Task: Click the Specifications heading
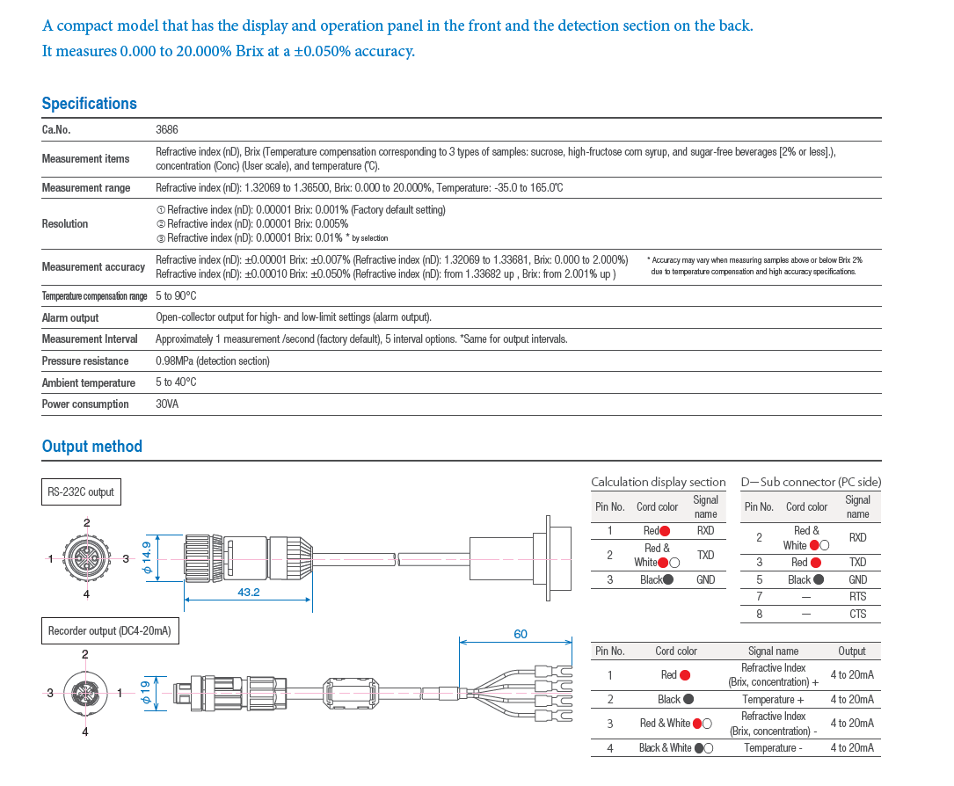pyautogui.click(x=90, y=104)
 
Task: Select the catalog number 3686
pyautogui.click(x=167, y=129)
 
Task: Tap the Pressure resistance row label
pyautogui.click(x=85, y=360)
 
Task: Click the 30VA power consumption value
pyautogui.click(x=167, y=404)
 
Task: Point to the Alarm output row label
pyautogui.click(x=70, y=317)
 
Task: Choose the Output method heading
pyautogui.click(x=91, y=447)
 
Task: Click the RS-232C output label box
pyautogui.click(x=81, y=492)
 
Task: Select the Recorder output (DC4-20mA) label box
pyautogui.click(x=110, y=631)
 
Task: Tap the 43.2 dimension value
pyautogui.click(x=249, y=592)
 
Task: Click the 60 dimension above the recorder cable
pyautogui.click(x=521, y=634)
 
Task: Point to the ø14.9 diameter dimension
pyautogui.click(x=146, y=558)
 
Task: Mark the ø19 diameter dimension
pyautogui.click(x=145, y=692)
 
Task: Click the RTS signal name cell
pyautogui.click(x=858, y=597)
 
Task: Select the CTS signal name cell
pyautogui.click(x=858, y=614)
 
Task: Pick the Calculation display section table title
pyautogui.click(x=659, y=483)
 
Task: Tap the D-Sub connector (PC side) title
pyautogui.click(x=811, y=483)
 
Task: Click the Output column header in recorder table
pyautogui.click(x=852, y=651)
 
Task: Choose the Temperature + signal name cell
pyautogui.click(x=773, y=700)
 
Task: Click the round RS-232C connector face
pyautogui.click(x=87, y=558)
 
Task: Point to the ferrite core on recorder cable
pyautogui.click(x=352, y=693)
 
